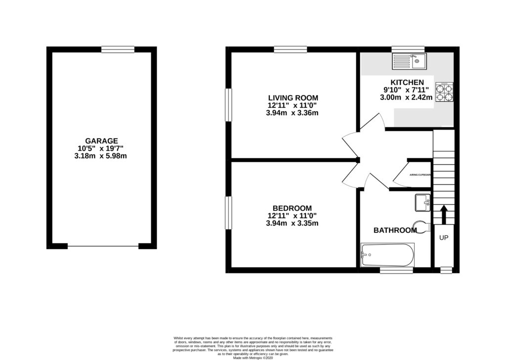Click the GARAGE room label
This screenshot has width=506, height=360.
click(x=101, y=141)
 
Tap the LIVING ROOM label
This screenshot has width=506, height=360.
click(x=293, y=97)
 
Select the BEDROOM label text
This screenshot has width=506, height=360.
click(x=293, y=208)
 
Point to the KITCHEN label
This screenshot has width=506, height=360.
click(x=407, y=82)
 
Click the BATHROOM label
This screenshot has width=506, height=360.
click(x=395, y=230)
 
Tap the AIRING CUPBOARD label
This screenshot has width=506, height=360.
click(x=421, y=175)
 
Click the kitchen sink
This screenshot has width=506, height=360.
click(x=408, y=61)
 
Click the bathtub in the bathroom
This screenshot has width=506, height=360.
click(x=388, y=255)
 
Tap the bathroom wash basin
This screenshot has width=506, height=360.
click(x=423, y=202)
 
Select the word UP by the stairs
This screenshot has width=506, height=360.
click(x=444, y=238)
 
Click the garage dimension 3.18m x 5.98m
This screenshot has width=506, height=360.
click(x=101, y=156)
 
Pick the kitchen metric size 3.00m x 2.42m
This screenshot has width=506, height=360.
click(x=406, y=97)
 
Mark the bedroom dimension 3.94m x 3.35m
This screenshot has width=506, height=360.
click(x=293, y=223)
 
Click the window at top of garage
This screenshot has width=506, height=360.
click(x=118, y=49)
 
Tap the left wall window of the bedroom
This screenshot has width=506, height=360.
click(x=229, y=214)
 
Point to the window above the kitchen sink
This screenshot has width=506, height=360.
click(x=408, y=49)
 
